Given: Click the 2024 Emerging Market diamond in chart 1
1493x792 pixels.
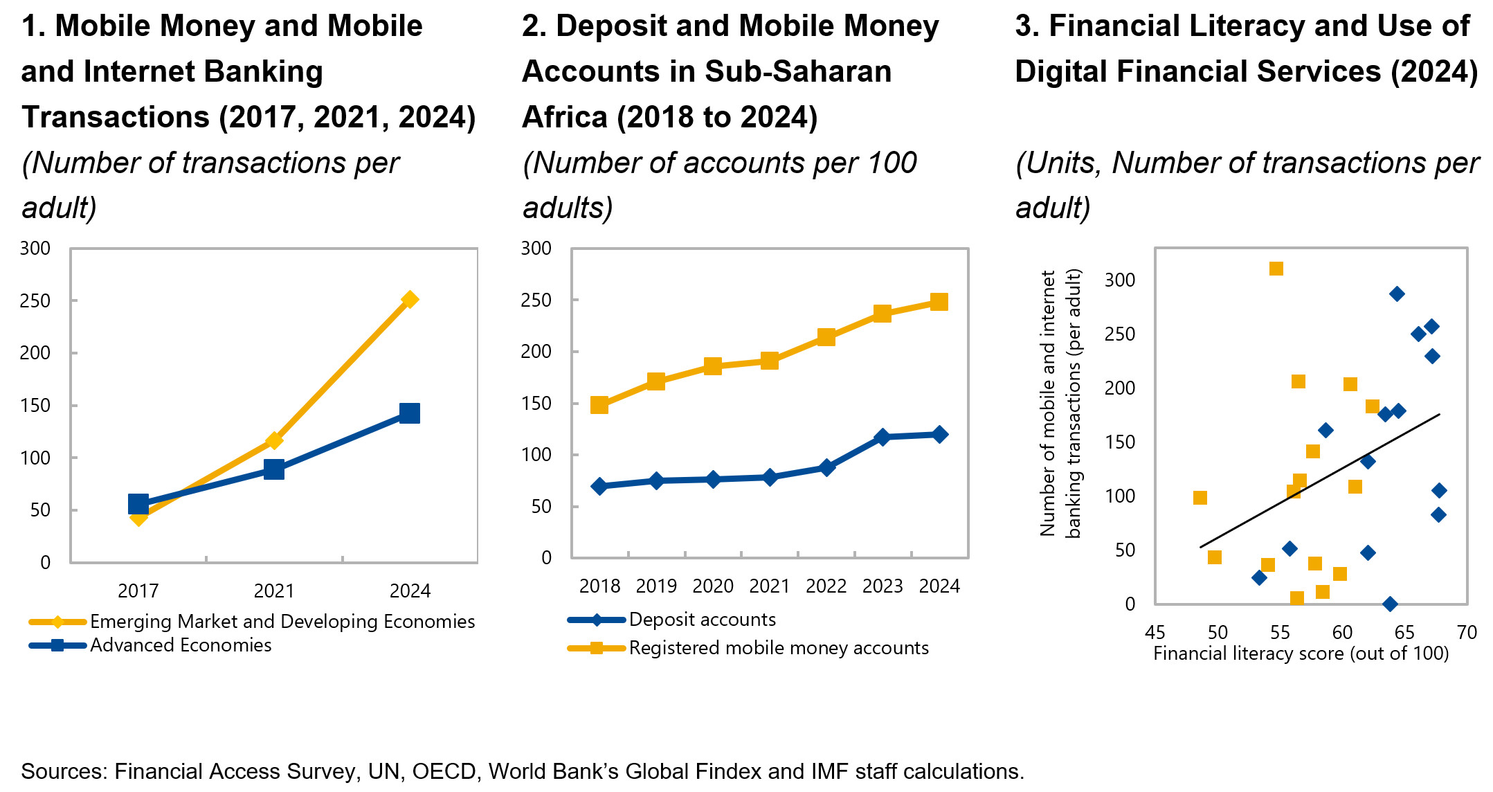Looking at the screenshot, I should [x=409, y=300].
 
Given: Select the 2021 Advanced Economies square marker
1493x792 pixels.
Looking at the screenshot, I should [x=274, y=469].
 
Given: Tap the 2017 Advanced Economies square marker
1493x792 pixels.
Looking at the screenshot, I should [x=138, y=504].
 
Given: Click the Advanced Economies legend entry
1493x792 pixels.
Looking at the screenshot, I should [x=180, y=645].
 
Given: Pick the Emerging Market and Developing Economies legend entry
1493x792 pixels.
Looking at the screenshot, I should [x=282, y=622].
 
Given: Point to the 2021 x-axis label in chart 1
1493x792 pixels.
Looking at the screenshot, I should [x=274, y=591].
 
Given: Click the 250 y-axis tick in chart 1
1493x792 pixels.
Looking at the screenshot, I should [x=35, y=301].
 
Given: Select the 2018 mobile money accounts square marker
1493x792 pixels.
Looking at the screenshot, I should [x=599, y=405].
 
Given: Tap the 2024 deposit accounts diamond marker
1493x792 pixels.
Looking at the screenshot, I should [x=939, y=435].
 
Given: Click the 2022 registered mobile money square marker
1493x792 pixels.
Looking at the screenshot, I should [x=826, y=337].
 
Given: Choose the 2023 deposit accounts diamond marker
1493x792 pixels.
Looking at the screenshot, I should [x=882, y=438].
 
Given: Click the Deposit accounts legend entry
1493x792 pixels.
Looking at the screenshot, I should [x=702, y=620].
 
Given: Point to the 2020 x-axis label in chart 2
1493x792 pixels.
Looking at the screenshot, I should [x=713, y=586].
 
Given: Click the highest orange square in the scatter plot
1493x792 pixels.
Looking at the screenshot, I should [x=1276, y=269].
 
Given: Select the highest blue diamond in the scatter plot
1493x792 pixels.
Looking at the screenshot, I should [x=1397, y=294].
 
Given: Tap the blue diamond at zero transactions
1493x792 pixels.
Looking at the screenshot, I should [x=1390, y=604].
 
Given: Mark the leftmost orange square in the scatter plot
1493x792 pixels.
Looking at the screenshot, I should [x=1200, y=498].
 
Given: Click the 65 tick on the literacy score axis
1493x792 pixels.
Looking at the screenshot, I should [x=1404, y=632].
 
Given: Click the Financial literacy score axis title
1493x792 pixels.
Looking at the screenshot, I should [x=1301, y=654].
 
